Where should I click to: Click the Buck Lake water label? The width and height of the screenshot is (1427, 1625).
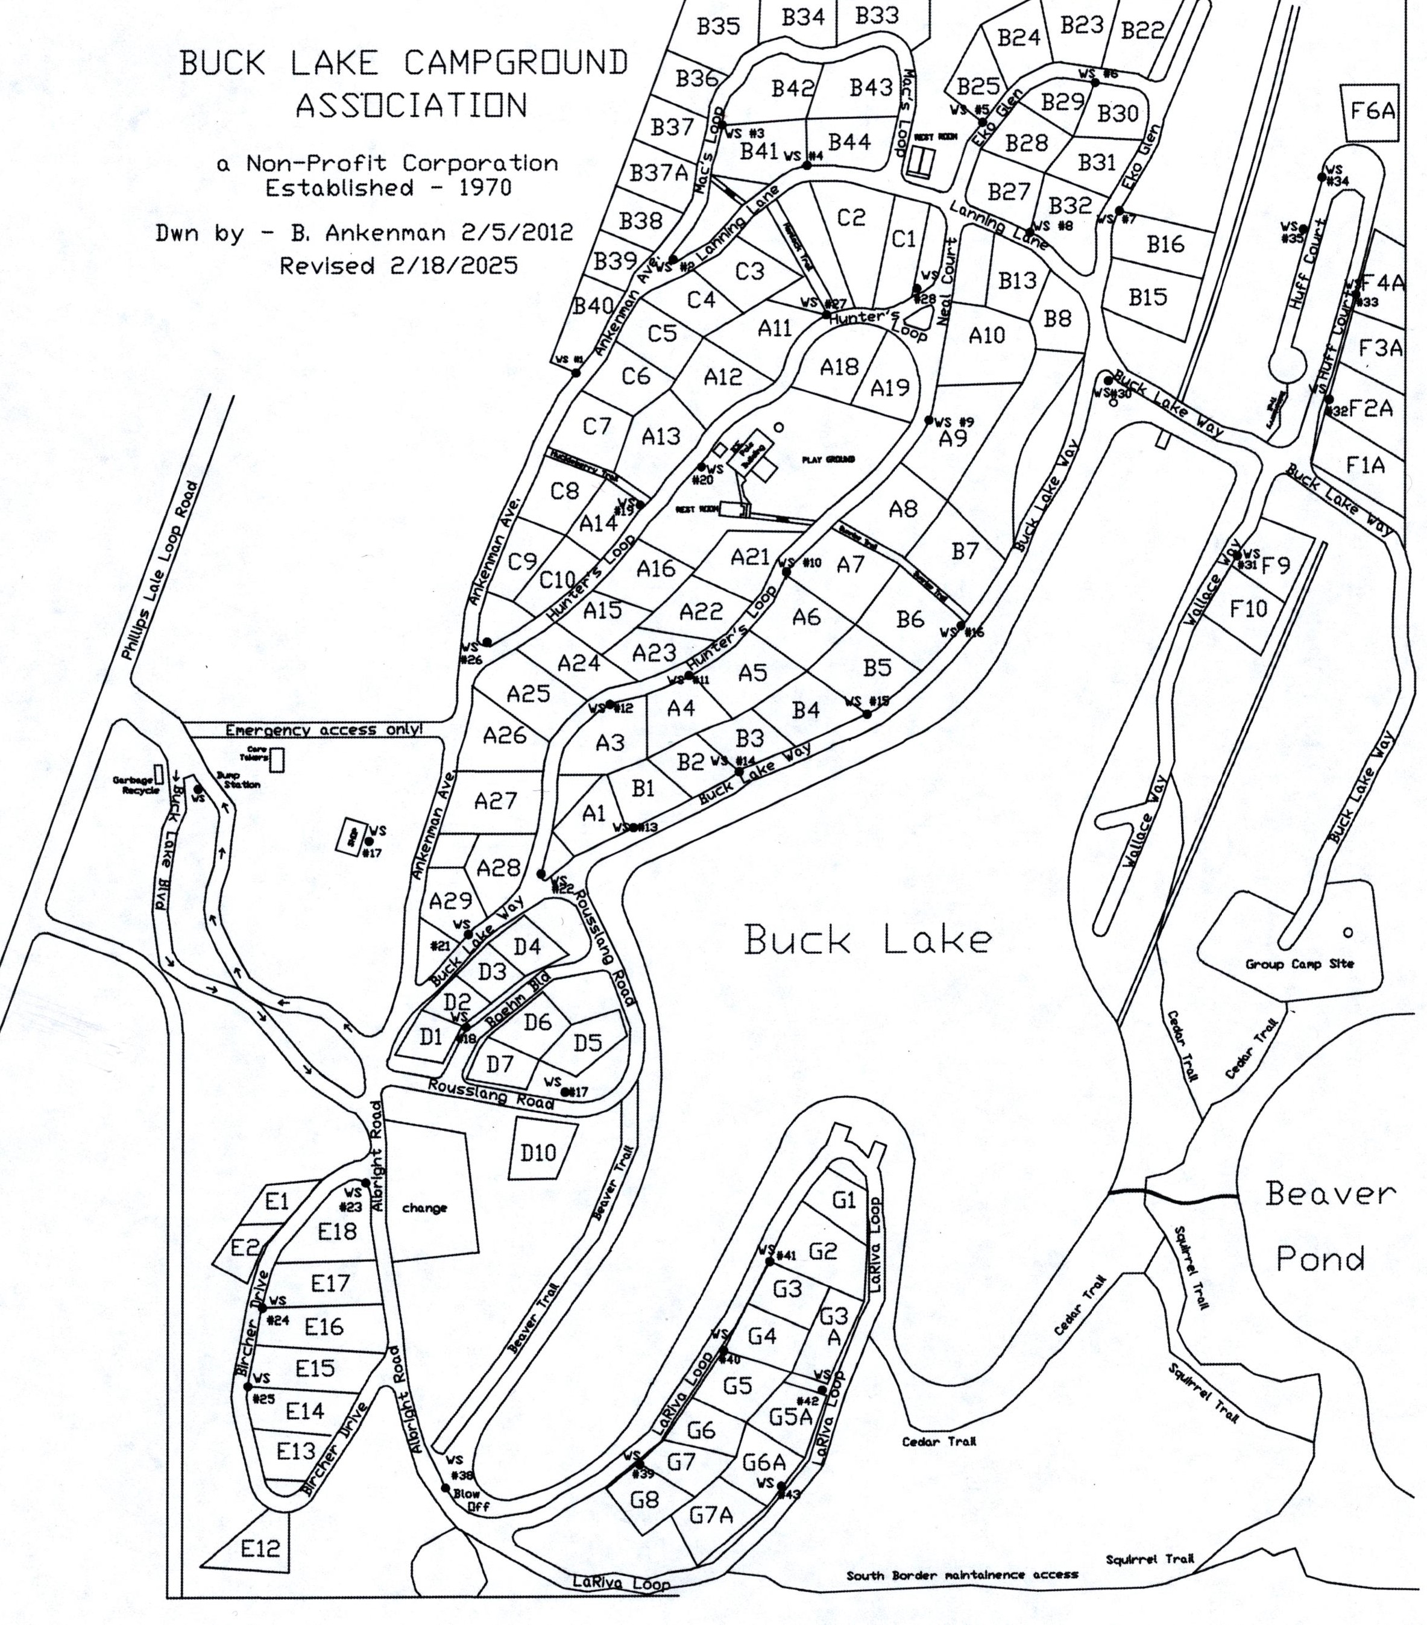(868, 941)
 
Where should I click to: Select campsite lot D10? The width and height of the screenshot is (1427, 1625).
(538, 1153)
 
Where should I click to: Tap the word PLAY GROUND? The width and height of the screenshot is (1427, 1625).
(829, 460)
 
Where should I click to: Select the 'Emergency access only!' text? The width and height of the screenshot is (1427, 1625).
(324, 730)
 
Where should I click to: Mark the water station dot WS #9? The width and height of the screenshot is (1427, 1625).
(929, 420)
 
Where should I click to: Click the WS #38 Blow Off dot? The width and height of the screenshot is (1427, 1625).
(446, 1488)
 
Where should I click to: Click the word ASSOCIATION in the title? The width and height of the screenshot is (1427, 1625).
(411, 105)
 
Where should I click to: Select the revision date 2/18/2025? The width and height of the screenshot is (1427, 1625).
(453, 266)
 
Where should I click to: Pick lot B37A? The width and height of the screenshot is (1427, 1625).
(658, 174)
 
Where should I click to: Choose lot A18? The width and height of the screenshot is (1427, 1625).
(839, 368)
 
